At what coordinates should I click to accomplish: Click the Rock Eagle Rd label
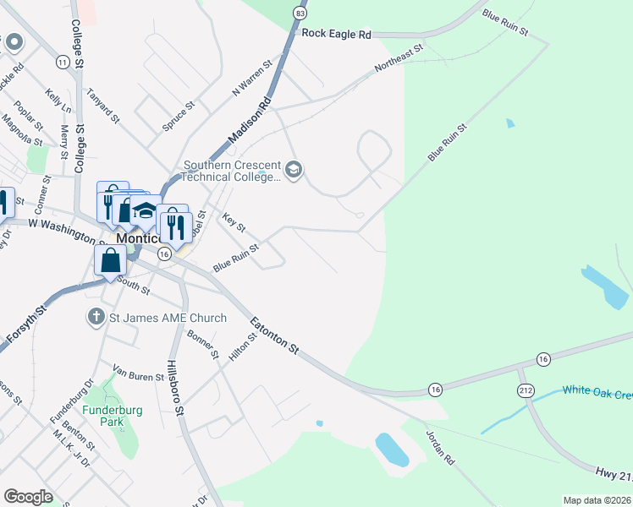336,35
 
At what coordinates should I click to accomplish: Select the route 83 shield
300,14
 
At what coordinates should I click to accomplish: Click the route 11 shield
62,63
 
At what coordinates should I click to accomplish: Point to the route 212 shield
526,390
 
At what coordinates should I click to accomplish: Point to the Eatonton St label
274,335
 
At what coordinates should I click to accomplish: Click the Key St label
233,223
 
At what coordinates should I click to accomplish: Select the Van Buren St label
138,373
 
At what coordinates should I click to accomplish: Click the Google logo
28,496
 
